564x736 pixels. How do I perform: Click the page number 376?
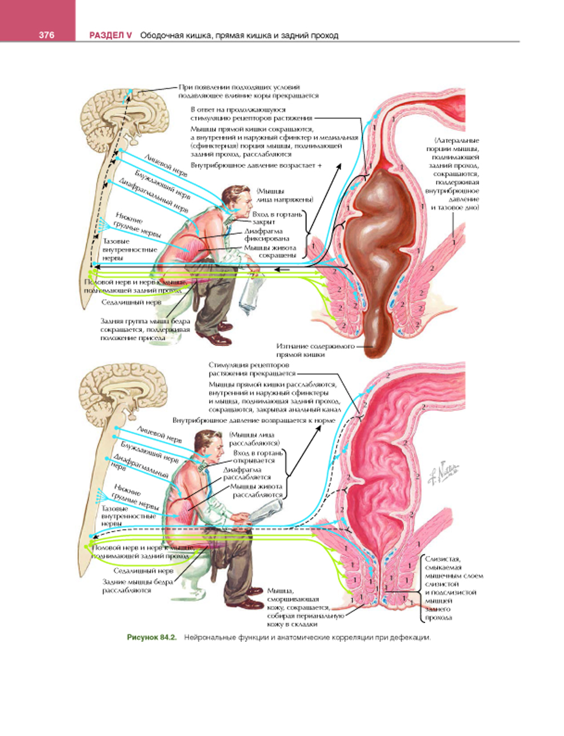(x=46, y=35)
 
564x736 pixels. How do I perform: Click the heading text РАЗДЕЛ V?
(x=111, y=35)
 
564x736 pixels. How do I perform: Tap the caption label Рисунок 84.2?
(x=152, y=638)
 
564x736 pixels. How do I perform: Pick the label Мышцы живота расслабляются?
(x=257, y=490)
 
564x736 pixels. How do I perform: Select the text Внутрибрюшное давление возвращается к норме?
(x=254, y=420)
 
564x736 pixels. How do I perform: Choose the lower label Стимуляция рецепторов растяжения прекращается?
(x=252, y=369)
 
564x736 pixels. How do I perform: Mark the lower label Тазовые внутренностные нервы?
(x=129, y=516)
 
